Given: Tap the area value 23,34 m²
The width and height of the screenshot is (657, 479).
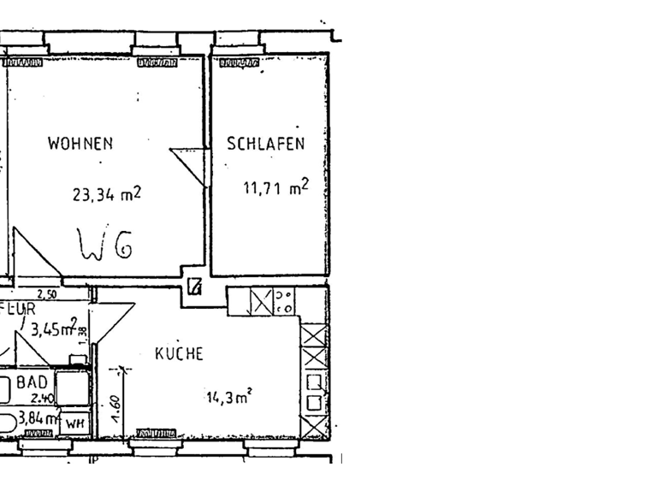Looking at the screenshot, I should [106, 194].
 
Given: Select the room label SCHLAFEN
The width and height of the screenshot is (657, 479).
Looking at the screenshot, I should [265, 144].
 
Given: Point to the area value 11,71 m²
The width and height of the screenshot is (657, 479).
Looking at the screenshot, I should [275, 187].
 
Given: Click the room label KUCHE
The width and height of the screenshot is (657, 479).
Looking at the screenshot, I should [178, 353].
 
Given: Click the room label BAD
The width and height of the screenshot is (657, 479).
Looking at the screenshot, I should [32, 384].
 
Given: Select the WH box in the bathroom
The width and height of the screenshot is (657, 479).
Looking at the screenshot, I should [74, 422].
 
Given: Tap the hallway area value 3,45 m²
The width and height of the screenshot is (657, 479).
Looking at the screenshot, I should [54, 328].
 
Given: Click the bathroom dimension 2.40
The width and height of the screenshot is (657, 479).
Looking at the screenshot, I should [41, 398].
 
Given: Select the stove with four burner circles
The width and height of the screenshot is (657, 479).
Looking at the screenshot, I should [285, 300].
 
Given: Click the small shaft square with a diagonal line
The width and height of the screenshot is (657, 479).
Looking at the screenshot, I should [194, 287].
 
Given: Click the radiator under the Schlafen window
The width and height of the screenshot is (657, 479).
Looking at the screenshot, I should [239, 62].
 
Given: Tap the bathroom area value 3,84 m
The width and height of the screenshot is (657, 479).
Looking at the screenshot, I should [38, 419].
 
